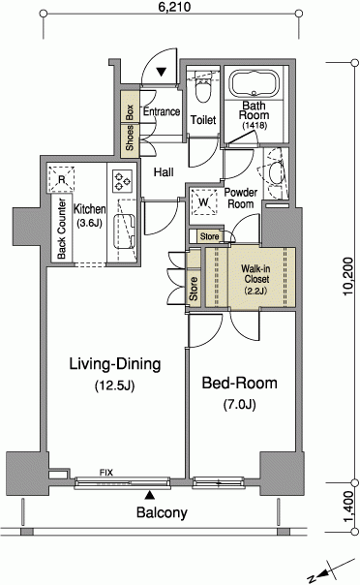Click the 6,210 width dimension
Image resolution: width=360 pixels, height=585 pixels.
point(174,7)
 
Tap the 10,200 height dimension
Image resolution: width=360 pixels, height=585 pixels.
point(348,276)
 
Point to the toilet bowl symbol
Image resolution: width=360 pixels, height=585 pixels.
point(203,90)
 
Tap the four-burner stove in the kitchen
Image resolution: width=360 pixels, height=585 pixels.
point(123,180)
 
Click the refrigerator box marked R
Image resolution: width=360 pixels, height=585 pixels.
point(61,179)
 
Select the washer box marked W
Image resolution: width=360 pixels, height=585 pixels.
point(203,202)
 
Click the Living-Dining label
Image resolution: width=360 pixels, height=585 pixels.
point(115,364)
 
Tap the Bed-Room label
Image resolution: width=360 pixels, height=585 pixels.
point(240,384)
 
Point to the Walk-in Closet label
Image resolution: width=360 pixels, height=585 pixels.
point(255,279)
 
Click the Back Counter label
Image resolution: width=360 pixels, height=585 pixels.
point(62,229)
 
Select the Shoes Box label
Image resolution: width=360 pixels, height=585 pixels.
point(130,128)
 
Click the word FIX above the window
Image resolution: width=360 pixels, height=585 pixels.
point(106,473)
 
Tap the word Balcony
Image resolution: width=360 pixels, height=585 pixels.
point(162,512)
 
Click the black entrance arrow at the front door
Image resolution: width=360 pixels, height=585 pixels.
point(162,72)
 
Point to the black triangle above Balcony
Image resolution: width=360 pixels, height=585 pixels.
point(150,495)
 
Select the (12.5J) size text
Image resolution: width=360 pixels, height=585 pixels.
point(114,385)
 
